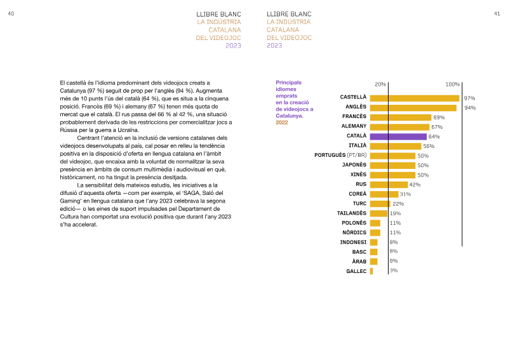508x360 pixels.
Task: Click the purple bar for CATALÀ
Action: pos(398,137)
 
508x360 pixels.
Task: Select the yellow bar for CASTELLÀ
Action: pos(415,98)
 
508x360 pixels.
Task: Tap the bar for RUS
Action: pos(389,185)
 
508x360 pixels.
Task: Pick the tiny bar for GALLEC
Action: pos(371,271)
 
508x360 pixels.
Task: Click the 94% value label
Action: pos(470,108)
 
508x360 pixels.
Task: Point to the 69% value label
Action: pos(439,117)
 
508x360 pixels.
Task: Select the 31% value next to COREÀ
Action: pos(405,194)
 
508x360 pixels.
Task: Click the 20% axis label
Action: pos(380,84)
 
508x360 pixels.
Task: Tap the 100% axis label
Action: pos(452,84)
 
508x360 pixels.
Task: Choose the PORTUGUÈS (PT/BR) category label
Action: pos(340,155)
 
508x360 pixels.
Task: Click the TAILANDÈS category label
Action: pos(352,213)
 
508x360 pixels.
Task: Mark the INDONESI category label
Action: pos(354,242)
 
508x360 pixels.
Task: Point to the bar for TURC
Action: pos(380,204)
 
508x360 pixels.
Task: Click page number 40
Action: pos(11,13)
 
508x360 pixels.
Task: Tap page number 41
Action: pos(497,13)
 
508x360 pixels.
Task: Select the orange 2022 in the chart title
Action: pos(282,123)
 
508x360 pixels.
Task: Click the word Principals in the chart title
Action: pos(289,83)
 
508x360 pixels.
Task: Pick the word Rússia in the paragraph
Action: pos(68,130)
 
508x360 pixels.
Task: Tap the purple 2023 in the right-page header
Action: pos(274,45)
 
